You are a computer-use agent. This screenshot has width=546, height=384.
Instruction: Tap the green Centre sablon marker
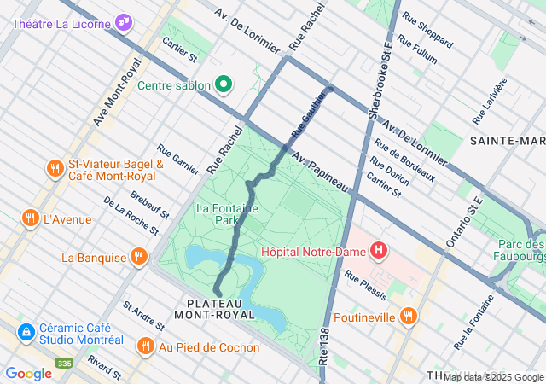tap(224, 84)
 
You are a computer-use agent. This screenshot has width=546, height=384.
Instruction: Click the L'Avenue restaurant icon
tap(31, 218)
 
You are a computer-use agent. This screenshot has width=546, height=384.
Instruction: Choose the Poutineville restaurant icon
tap(409, 317)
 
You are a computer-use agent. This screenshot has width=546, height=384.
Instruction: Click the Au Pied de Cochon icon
tap(145, 346)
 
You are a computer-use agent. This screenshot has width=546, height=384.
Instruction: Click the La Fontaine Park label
tap(217, 213)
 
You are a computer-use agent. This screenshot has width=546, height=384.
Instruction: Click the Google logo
tap(28, 373)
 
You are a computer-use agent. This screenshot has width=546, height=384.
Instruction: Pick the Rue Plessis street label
tap(365, 285)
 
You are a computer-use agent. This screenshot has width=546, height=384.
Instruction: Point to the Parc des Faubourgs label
tap(521, 252)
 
